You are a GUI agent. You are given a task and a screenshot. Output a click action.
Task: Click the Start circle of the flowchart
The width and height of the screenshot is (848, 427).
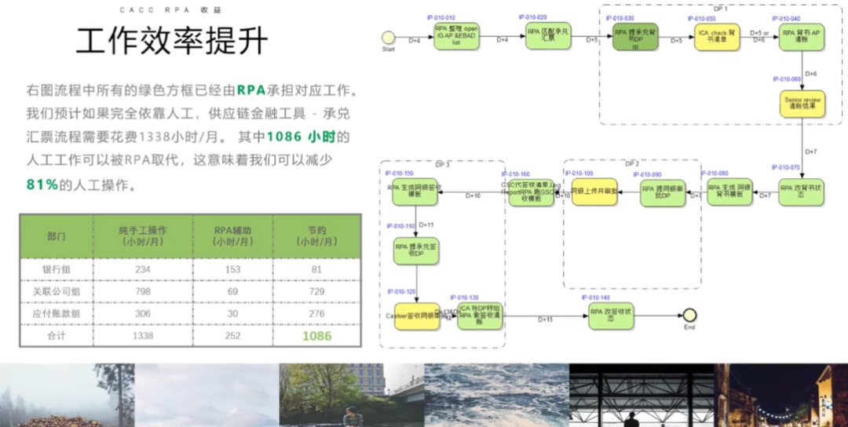388,37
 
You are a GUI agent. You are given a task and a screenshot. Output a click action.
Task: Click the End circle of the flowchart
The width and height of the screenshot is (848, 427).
689,316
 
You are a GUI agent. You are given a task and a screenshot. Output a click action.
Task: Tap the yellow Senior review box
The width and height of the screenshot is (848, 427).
802,104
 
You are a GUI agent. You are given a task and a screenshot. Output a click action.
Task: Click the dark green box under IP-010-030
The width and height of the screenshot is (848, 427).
635,36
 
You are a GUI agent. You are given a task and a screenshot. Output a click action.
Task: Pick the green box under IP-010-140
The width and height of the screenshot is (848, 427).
612,316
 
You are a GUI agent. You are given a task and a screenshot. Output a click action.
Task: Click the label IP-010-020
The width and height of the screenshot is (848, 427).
532,16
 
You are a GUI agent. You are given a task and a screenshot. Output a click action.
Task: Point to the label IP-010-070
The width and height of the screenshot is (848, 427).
786,167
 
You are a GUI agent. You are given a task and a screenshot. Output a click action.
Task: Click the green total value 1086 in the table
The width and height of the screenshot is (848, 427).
317,336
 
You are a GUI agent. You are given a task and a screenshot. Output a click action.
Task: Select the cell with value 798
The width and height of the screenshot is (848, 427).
143,291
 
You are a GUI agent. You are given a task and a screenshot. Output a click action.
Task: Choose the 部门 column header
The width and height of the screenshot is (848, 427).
57,235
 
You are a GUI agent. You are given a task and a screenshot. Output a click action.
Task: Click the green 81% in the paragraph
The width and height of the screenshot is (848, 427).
42,185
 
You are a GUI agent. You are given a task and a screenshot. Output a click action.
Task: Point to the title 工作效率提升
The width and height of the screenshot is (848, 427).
172,41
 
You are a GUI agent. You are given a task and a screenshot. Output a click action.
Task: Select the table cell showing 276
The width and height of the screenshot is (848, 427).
317,313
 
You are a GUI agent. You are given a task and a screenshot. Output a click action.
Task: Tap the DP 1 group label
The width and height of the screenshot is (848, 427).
720,8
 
